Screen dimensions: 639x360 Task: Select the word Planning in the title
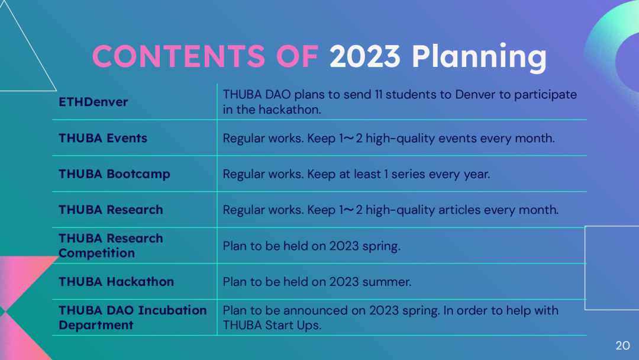tap(479, 57)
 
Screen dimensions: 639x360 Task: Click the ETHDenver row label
tap(93, 102)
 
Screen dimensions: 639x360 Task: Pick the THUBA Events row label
tap(103, 138)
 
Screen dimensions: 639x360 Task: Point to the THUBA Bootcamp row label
tap(115, 174)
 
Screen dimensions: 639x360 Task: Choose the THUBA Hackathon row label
tap(116, 282)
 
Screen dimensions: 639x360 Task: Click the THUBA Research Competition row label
tap(111, 246)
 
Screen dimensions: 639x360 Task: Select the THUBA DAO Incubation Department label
tap(133, 317)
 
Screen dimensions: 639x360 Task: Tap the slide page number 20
tap(622, 346)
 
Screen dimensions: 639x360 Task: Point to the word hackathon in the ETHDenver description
tap(290, 110)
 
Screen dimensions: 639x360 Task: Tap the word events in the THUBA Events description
tap(457, 139)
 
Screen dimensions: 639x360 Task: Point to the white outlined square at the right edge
tap(585, 268)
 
